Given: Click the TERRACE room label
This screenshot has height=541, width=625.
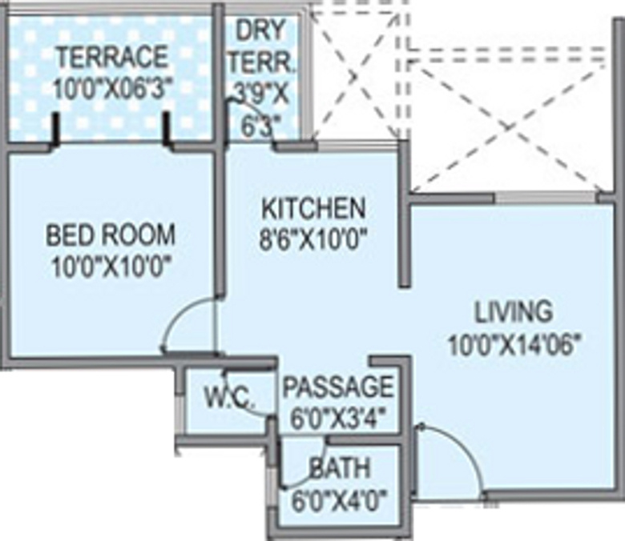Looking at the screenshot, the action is click(112, 57).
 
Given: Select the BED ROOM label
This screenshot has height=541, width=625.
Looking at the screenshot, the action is click(111, 234).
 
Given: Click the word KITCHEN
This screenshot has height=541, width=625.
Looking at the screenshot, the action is click(313, 208).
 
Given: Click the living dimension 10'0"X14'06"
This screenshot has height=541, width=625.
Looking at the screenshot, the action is click(514, 343).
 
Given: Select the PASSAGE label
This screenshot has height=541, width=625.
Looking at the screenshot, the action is click(338, 386).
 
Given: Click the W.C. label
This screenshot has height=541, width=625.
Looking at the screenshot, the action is click(229, 397).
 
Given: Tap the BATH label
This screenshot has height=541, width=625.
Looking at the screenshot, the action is click(340, 468).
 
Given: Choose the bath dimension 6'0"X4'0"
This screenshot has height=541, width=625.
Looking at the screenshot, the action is click(340, 501).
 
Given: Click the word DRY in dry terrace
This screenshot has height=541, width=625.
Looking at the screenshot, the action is click(261, 30).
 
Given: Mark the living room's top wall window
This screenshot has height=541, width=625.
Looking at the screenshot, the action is click(546, 198).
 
